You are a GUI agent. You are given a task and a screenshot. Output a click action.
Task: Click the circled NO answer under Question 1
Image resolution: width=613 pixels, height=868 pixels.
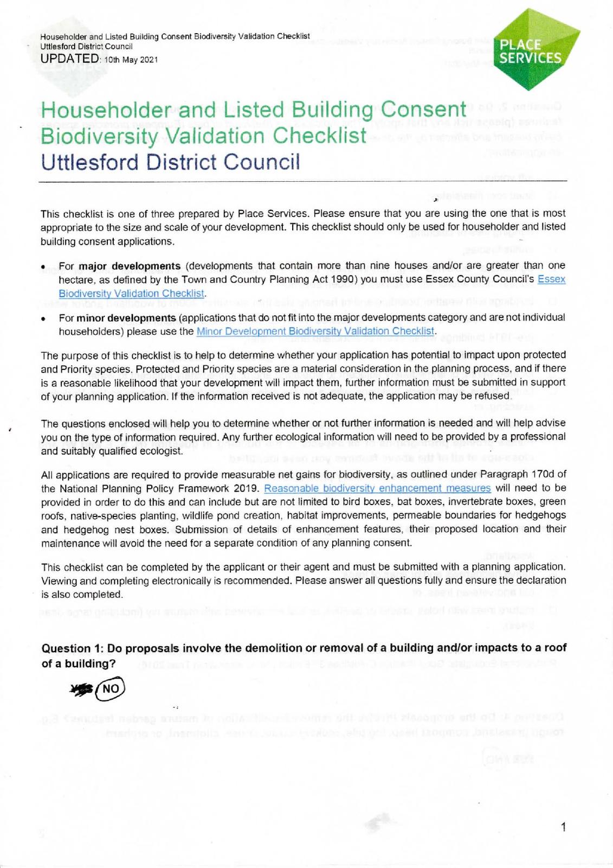110,688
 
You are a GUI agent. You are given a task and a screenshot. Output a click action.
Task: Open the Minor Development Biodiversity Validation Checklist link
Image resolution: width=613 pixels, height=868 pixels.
315,331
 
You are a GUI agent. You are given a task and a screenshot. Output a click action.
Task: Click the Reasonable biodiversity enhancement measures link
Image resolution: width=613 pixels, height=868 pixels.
377,488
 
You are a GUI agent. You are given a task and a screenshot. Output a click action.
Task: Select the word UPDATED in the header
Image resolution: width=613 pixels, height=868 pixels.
69,59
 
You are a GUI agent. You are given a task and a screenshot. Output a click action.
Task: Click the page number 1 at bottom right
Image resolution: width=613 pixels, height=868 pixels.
564,827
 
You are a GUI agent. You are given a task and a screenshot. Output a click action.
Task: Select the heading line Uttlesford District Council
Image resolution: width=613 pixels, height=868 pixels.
170,162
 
